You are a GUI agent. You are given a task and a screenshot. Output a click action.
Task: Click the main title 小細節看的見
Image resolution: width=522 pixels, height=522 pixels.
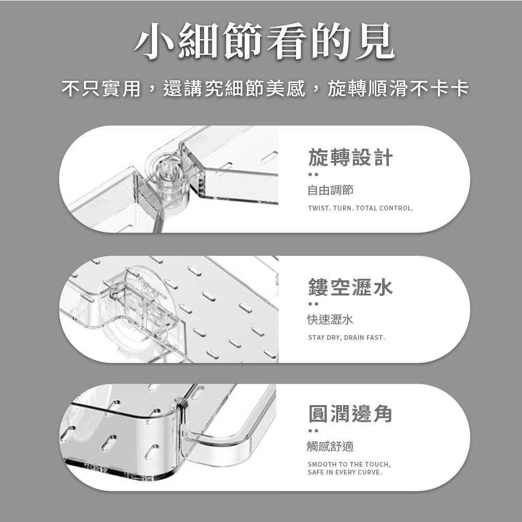(x=265, y=41)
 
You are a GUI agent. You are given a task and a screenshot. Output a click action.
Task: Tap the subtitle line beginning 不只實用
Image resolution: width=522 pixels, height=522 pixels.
(x=265, y=88)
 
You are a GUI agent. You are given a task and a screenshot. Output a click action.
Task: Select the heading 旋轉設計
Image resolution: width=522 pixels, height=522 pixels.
(x=351, y=158)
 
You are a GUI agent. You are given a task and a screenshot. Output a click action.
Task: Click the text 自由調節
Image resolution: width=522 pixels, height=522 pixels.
(x=330, y=190)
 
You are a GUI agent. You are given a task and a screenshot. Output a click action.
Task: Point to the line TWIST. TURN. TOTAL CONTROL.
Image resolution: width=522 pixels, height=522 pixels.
(x=361, y=208)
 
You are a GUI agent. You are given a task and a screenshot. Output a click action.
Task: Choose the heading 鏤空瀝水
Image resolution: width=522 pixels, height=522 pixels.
(x=351, y=287)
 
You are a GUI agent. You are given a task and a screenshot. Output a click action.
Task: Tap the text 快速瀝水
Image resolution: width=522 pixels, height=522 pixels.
(x=330, y=319)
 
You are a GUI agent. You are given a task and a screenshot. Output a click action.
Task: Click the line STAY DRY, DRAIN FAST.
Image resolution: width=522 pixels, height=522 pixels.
(x=347, y=338)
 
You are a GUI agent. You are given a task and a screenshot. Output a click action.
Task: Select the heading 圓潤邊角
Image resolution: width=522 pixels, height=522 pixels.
(x=351, y=413)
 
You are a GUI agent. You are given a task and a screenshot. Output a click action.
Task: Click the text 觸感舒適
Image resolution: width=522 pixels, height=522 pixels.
(x=330, y=446)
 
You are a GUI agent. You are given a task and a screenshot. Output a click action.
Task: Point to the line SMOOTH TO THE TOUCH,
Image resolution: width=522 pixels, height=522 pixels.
(x=349, y=465)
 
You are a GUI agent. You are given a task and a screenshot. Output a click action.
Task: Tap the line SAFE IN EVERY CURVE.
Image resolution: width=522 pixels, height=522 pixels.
(x=345, y=472)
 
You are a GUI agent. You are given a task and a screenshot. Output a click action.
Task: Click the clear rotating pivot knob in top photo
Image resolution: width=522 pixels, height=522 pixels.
(x=167, y=176)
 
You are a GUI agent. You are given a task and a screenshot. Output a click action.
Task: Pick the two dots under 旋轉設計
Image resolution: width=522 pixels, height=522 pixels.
(x=313, y=174)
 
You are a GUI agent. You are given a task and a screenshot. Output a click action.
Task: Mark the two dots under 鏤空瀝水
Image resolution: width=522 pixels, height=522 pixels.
(x=313, y=304)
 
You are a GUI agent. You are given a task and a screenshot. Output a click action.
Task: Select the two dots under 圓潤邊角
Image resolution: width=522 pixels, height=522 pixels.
(x=313, y=431)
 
